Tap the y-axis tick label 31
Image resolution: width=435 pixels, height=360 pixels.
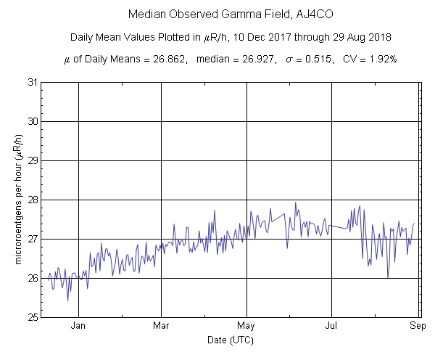(x=32, y=82)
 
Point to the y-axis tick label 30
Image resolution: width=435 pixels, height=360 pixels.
(x=32, y=121)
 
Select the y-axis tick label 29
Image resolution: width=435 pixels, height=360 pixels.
(x=32, y=160)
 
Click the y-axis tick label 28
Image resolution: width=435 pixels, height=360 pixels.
(x=32, y=200)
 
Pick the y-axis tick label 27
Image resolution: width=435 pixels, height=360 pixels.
(x=32, y=239)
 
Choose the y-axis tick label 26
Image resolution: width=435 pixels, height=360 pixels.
(x=32, y=278)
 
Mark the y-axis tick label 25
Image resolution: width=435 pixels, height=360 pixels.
(x=32, y=317)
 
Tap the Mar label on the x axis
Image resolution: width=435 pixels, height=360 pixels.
(x=161, y=326)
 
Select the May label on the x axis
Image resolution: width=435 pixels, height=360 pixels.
(x=246, y=326)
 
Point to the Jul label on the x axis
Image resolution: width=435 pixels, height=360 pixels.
(x=331, y=326)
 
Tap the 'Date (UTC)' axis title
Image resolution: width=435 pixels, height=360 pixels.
(x=231, y=340)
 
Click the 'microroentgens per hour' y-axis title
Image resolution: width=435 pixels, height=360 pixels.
(x=16, y=200)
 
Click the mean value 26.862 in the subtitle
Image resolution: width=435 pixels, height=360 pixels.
(x=181, y=60)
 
